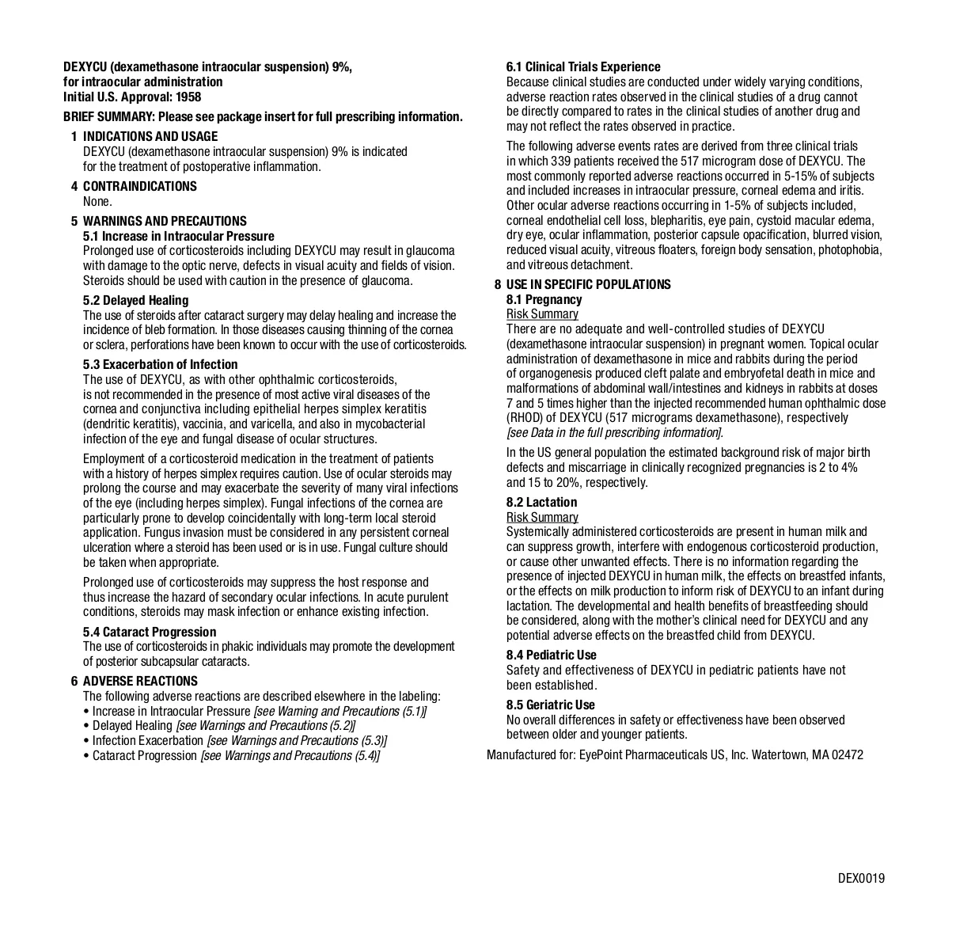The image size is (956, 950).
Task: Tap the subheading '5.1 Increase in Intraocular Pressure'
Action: tap(179, 236)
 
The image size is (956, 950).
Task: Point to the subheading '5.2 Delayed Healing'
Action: tap(135, 300)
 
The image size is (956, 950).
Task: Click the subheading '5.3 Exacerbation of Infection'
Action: tap(160, 364)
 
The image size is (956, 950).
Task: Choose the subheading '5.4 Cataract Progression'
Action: tap(150, 632)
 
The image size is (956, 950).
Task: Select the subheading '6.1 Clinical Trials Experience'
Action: tap(583, 66)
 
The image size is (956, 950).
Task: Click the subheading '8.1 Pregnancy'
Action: tap(544, 299)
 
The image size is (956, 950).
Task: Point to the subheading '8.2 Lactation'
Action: tap(541, 502)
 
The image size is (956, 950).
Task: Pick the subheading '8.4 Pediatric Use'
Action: tap(552, 655)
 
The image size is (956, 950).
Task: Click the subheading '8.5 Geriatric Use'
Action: tap(551, 705)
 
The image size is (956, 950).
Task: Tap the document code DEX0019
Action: tap(861, 878)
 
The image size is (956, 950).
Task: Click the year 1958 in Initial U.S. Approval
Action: tap(188, 97)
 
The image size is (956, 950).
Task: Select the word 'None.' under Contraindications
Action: tap(97, 201)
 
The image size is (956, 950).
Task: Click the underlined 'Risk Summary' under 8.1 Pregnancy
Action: tap(542, 314)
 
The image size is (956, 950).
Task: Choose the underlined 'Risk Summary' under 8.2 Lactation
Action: tap(542, 517)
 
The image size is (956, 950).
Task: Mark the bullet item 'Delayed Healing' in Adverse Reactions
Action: tap(132, 725)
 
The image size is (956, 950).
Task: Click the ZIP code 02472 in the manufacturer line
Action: tap(847, 754)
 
